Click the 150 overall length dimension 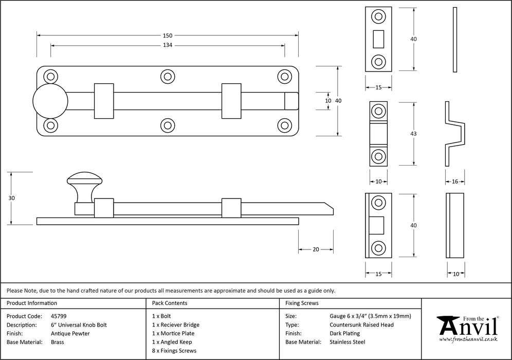[168, 35]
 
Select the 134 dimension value [168, 45]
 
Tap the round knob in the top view [49, 101]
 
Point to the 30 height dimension [12, 198]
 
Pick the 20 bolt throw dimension [316, 249]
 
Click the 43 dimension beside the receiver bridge [414, 134]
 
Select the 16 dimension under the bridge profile [455, 182]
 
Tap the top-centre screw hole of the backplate [167, 77]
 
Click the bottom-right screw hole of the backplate [284, 125]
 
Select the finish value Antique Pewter [71, 333]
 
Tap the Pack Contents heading [170, 303]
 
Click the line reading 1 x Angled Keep [172, 342]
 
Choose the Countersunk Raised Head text [361, 325]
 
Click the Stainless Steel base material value [348, 342]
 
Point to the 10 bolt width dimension [328, 101]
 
